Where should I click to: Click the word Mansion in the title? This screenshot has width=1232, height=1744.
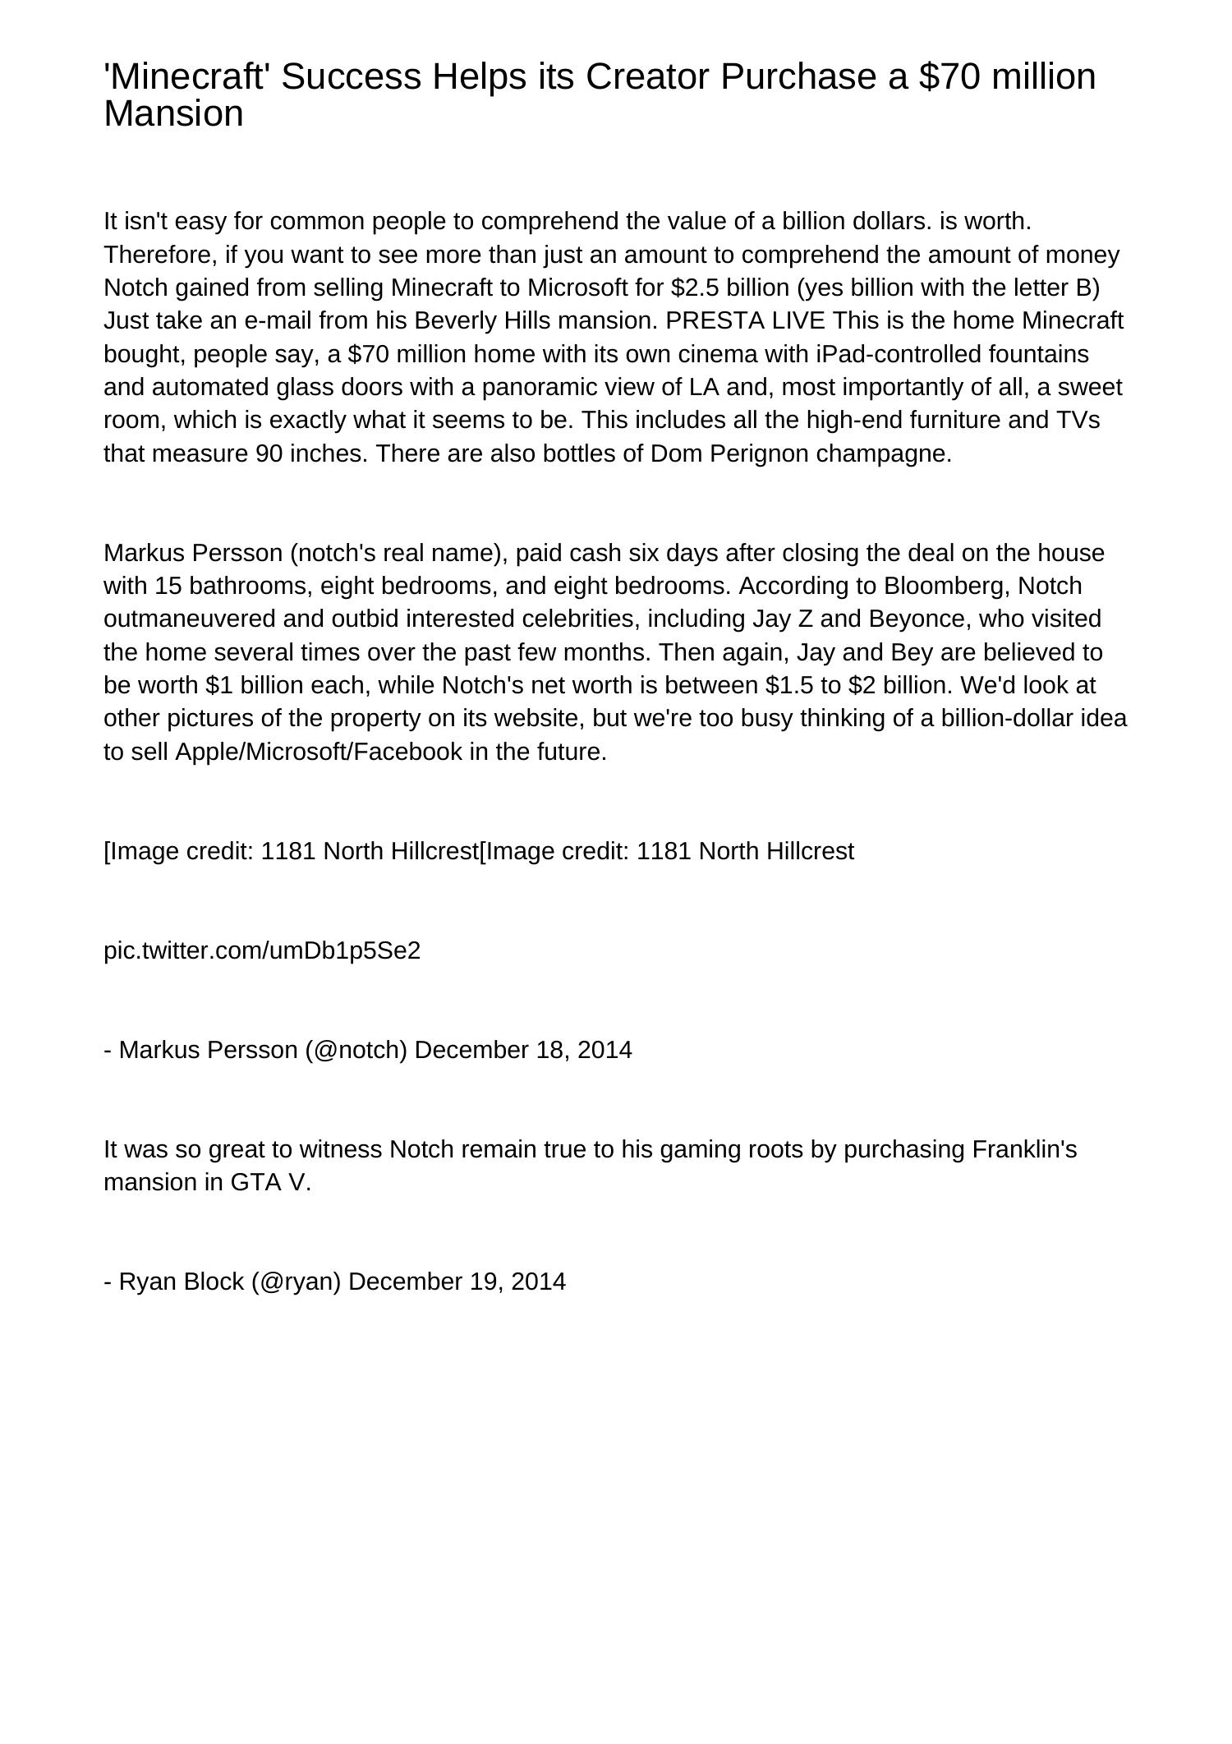click(173, 114)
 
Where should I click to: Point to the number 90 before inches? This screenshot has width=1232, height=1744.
click(269, 453)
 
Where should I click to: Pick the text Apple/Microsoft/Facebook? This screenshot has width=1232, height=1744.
click(319, 752)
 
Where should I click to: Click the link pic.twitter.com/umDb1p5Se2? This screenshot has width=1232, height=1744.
click(262, 950)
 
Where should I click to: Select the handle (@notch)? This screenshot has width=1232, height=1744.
click(356, 1050)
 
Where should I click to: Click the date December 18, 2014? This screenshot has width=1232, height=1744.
click(523, 1050)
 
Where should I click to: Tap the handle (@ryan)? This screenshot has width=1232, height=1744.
click(297, 1282)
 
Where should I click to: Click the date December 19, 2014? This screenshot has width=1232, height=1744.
click(457, 1282)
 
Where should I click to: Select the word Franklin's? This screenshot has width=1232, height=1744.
click(1023, 1149)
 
